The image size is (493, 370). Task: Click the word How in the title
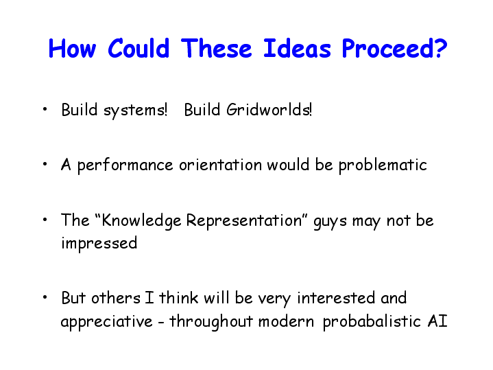tap(72, 48)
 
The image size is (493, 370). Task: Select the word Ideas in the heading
tap(297, 48)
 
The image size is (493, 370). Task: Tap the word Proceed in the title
tap(386, 48)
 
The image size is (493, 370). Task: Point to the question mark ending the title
tap(440, 48)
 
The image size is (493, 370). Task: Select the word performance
tap(125, 165)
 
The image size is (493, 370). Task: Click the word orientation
tap(220, 164)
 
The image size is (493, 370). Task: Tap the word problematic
tap(383, 165)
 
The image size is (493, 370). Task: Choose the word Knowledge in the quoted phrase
tap(141, 221)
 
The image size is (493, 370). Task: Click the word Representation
tap(244, 220)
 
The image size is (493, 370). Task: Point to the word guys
tap(330, 222)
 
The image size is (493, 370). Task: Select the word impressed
tap(99, 244)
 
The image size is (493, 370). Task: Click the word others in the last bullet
tap(116, 297)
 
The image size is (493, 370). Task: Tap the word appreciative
tap(106, 322)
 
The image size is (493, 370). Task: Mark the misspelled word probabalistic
tap(372, 322)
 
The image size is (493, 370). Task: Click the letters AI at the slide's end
tap(437, 321)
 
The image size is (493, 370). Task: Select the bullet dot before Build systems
tap(45, 110)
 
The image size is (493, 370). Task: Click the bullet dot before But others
tap(45, 297)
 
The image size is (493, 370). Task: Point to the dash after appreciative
tap(161, 323)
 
